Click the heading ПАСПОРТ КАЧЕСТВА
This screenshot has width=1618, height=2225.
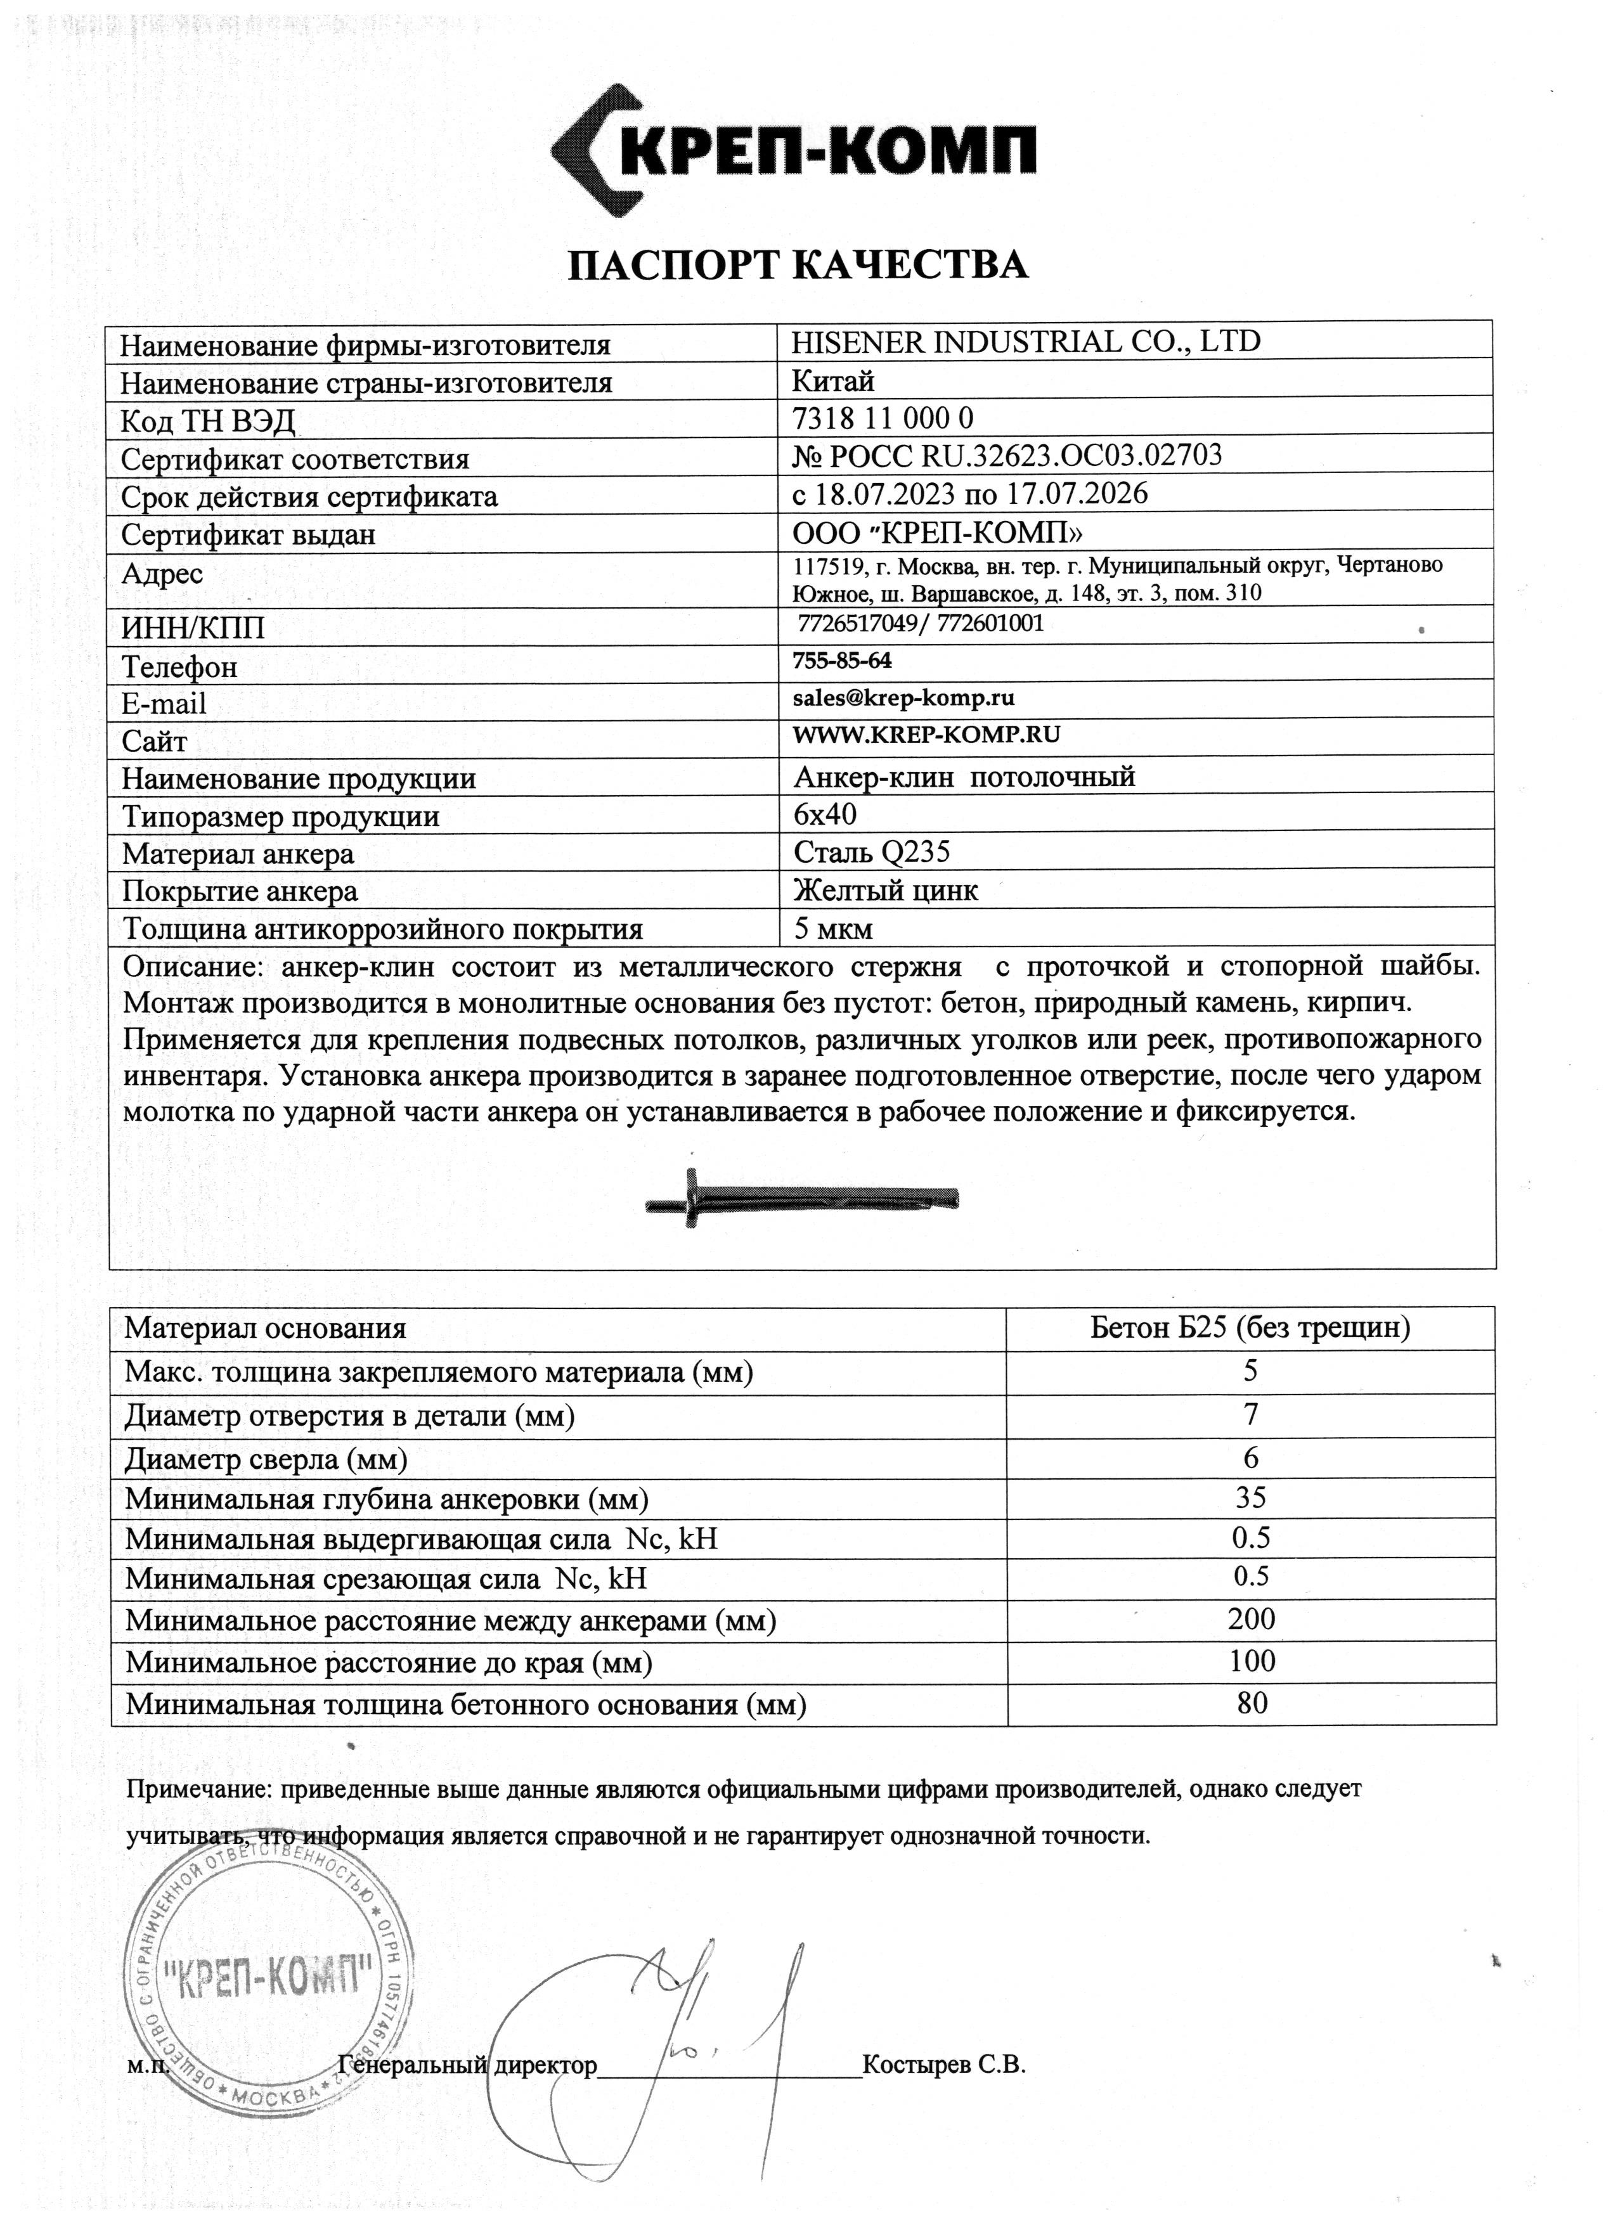(x=798, y=265)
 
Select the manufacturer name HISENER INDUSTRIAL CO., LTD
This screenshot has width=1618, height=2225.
(x=1025, y=342)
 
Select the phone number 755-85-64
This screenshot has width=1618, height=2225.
(x=842, y=661)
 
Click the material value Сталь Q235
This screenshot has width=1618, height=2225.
(x=871, y=851)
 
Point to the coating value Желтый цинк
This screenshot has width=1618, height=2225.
(x=885, y=890)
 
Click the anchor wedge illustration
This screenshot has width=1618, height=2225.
(x=801, y=1199)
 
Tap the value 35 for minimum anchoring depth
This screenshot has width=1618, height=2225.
(x=1251, y=1497)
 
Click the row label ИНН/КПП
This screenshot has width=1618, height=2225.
(x=193, y=627)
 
